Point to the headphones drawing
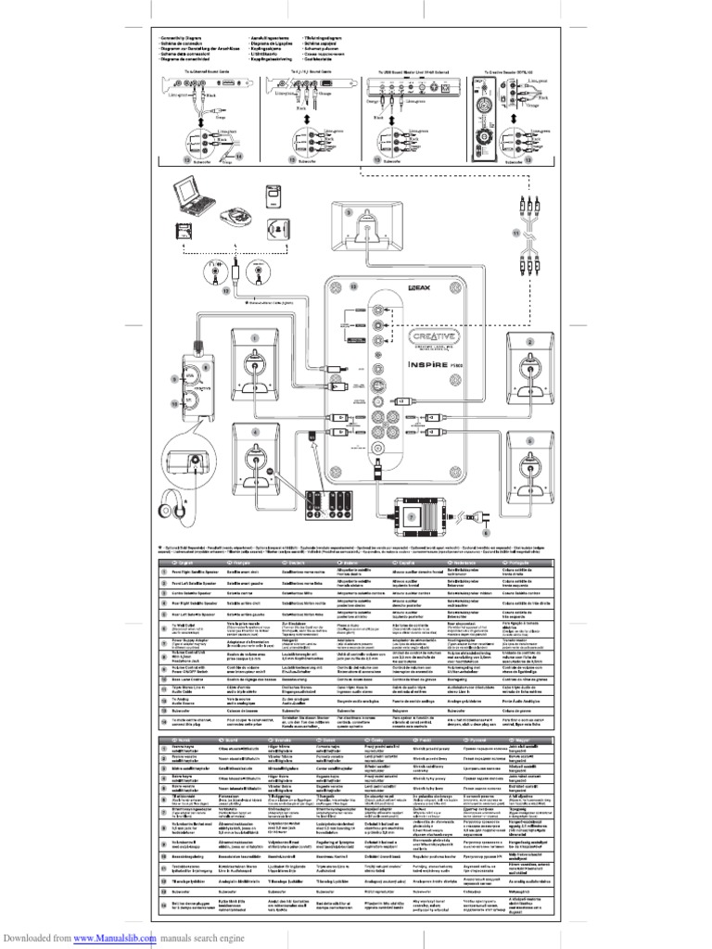coord(177,508)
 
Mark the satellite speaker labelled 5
coord(531,459)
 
